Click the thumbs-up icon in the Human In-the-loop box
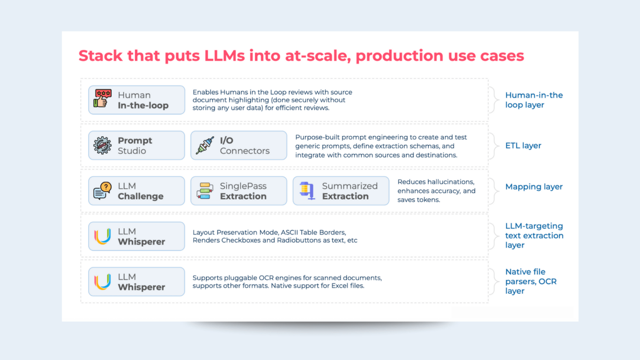tap(102, 99)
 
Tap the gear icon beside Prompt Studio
tap(102, 145)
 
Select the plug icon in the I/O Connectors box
tap(205, 145)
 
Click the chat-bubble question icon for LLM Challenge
tap(102, 191)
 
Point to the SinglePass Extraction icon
tap(205, 191)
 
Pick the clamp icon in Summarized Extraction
tap(307, 190)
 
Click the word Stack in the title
tap(100, 56)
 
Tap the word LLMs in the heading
tap(225, 56)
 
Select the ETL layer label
tap(523, 146)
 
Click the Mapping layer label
tap(534, 187)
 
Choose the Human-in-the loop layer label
tap(534, 100)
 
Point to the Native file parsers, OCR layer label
tap(531, 281)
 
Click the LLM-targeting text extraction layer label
tap(534, 235)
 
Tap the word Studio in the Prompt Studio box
tap(132, 151)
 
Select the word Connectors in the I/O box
tap(245, 151)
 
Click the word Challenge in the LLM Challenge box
tap(140, 196)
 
